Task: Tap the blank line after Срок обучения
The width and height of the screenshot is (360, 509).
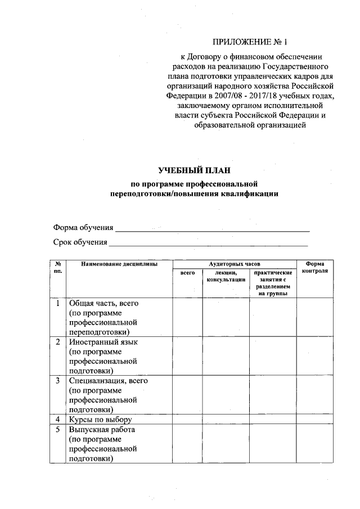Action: [x=208, y=244]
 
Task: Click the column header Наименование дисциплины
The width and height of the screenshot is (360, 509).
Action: [x=119, y=263]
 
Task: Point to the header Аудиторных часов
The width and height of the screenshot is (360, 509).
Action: [x=234, y=263]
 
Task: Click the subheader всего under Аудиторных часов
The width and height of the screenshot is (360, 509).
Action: [x=187, y=272]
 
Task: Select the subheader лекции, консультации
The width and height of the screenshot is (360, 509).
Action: [x=226, y=276]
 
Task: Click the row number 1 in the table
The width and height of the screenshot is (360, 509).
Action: [x=58, y=304]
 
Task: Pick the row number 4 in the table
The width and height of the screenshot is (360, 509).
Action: [x=58, y=420]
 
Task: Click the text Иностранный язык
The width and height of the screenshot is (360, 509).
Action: [x=103, y=342]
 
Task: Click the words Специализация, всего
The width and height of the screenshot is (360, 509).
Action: [x=108, y=381]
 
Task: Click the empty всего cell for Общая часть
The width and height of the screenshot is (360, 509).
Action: [x=187, y=318]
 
